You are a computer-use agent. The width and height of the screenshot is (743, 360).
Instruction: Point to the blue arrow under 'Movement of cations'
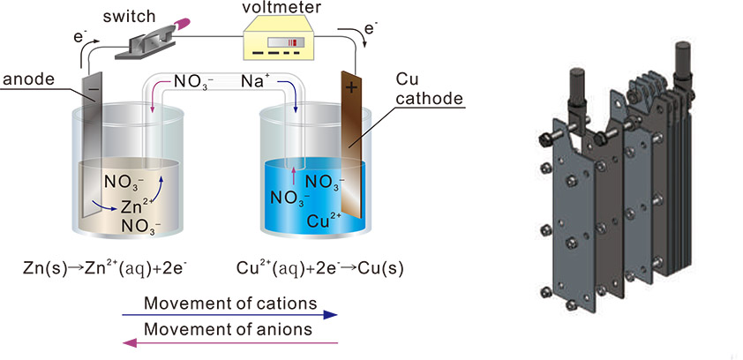point(229,314)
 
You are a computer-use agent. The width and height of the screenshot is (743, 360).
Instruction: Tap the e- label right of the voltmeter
point(371,28)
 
